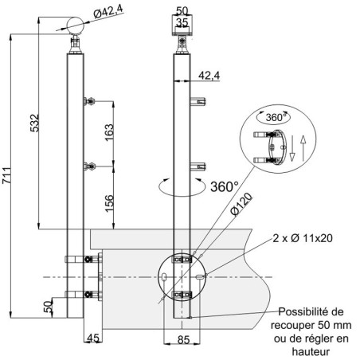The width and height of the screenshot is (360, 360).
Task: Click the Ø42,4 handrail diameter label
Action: tap(108, 12)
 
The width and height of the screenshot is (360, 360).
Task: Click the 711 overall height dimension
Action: tap(6, 175)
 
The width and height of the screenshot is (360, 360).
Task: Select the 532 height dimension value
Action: tap(34, 123)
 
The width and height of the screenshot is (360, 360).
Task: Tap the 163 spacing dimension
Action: tap(109, 132)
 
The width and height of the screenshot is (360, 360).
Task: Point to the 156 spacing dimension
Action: tap(109, 203)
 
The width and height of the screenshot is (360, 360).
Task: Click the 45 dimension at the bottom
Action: tap(93, 338)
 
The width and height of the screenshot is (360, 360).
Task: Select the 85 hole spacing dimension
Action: tap(183, 340)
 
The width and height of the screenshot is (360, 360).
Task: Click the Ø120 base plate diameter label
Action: tap(241, 204)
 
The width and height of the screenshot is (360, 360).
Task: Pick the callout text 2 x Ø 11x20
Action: tap(303, 238)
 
